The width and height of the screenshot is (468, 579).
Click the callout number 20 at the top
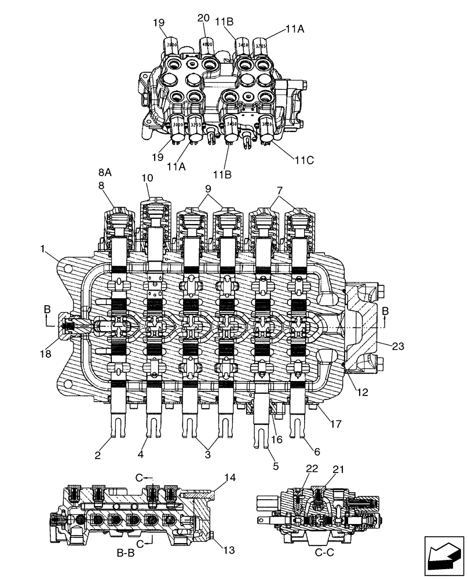click(203, 18)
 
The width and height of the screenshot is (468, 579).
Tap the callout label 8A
click(105, 172)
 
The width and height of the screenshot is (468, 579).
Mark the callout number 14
click(231, 478)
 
